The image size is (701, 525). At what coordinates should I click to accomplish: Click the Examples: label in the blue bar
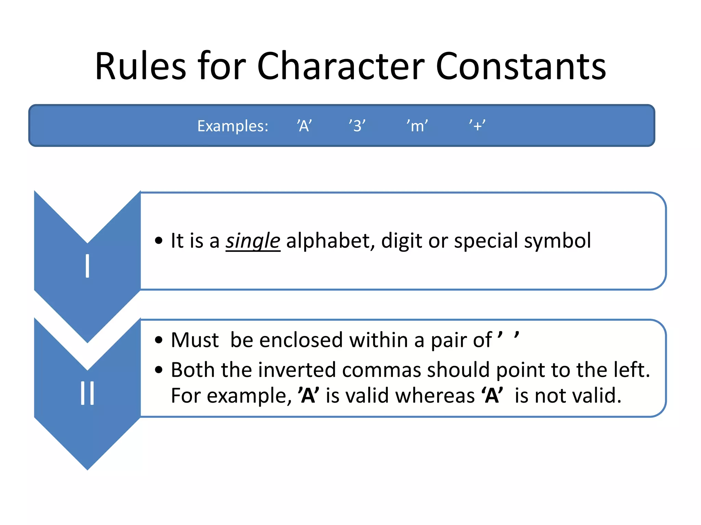(x=233, y=126)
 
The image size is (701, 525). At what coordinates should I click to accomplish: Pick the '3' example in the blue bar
(x=357, y=126)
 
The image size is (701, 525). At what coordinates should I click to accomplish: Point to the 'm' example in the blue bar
(x=417, y=126)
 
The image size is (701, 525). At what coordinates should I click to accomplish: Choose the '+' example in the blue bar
(x=477, y=126)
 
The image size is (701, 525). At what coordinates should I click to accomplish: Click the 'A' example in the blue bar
(x=304, y=126)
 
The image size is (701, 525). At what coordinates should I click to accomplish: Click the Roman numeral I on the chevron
(x=88, y=266)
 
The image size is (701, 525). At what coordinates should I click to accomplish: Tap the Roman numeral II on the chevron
(x=88, y=393)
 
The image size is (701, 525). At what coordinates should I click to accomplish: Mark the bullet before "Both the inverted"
(x=158, y=370)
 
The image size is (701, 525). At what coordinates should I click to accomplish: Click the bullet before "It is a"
(x=158, y=241)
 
